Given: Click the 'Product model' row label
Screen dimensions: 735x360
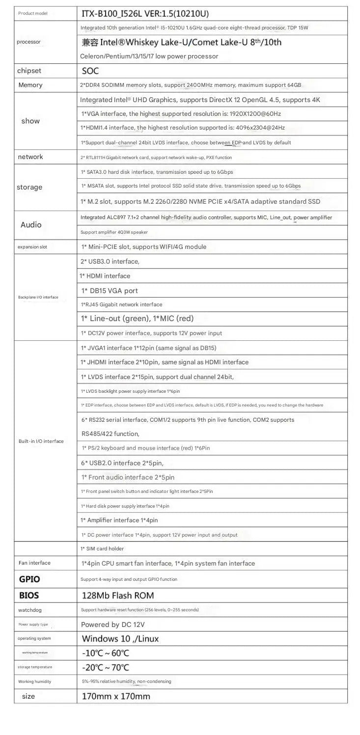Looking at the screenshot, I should click(x=32, y=13).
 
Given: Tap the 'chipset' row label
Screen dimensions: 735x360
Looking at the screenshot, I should click(x=29, y=71).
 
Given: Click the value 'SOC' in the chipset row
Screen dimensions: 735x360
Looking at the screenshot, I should click(x=90, y=71).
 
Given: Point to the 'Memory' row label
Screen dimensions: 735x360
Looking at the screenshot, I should click(x=30, y=85).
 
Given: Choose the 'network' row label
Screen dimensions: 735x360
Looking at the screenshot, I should click(x=30, y=157).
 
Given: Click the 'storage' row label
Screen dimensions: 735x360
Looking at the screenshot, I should click(x=29, y=187).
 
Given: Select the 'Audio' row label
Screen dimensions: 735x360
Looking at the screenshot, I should click(x=31, y=225).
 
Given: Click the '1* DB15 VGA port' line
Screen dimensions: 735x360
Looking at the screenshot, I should click(x=110, y=291).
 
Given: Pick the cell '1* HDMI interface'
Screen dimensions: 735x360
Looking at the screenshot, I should click(x=105, y=276).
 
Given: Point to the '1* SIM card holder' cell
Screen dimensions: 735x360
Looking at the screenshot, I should click(x=102, y=548).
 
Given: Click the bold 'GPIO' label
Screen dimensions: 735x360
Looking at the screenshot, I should click(x=29, y=579).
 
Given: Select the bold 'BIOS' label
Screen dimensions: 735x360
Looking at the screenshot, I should click(x=29, y=596).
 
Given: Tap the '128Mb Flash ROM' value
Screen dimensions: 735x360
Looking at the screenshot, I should click(x=118, y=596).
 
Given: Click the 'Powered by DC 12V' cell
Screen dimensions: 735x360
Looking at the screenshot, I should click(x=113, y=625).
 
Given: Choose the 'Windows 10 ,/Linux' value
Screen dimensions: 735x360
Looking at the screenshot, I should click(x=120, y=639).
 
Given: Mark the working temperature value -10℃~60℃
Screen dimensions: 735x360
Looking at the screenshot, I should click(x=105, y=653).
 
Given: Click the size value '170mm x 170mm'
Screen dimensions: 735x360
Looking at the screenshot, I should click(x=116, y=696).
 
